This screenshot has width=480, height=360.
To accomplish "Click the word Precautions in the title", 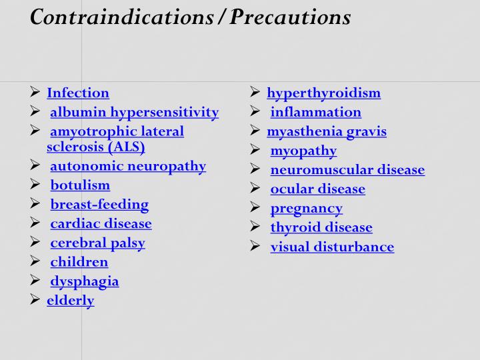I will (291, 17).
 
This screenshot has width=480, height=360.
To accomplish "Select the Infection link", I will (78, 93).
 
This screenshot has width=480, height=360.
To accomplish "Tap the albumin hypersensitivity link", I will (134, 112).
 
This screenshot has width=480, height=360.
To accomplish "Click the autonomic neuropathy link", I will (128, 166).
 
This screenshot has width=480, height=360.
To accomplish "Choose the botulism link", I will (80, 185).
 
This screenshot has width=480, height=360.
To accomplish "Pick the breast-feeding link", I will (99, 205).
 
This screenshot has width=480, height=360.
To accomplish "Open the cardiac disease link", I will (101, 224).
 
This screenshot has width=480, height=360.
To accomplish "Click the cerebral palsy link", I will (97, 243).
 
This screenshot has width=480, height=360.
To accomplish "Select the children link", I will (79, 262).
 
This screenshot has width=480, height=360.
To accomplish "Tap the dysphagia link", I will (85, 281).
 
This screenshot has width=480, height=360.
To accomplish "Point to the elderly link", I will (71, 301).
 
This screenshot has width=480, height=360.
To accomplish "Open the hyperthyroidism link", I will (323, 93).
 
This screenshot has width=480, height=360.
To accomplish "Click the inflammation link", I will (315, 112).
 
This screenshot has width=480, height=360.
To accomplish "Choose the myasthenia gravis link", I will (327, 131).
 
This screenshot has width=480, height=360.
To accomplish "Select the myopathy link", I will (303, 151).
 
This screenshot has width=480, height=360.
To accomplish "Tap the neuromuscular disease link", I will (347, 170).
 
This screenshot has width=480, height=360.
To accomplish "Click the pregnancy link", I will (306, 209).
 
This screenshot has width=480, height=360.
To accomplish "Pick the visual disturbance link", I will (332, 247).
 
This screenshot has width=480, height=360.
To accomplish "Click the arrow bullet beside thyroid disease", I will (255, 227).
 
